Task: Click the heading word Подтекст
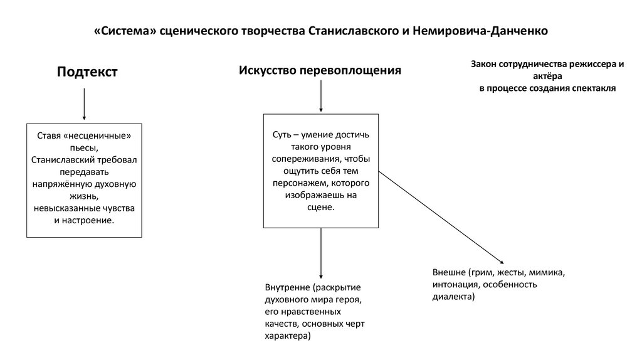(87, 72)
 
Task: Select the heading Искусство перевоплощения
(319, 70)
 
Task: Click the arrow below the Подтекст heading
(84, 103)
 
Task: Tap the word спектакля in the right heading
(593, 88)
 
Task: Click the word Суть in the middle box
(282, 135)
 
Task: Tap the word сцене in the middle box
(321, 207)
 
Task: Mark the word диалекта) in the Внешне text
(453, 297)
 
